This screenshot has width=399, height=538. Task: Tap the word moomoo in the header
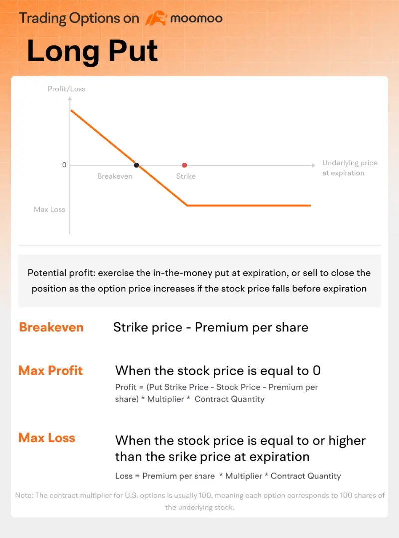point(196,19)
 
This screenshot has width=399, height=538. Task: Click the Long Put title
point(92,51)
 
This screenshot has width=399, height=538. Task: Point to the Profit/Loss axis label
point(66,89)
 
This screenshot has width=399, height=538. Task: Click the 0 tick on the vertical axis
point(64,165)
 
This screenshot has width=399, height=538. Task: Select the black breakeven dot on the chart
point(136,165)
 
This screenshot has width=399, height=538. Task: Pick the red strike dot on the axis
point(185,165)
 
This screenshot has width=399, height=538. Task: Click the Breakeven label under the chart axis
point(115,176)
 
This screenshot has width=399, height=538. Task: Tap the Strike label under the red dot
point(186,176)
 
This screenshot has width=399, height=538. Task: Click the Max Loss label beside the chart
point(49,209)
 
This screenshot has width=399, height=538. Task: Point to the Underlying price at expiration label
point(350,168)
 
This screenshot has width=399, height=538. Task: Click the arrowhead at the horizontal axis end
point(313,165)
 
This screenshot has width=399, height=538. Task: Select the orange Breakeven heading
point(51,327)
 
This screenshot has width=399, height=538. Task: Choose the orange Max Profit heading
point(51,371)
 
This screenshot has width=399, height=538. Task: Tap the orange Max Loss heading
point(47,438)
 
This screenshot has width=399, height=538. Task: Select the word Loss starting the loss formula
point(124,476)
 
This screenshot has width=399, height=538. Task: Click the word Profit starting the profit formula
point(125,387)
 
